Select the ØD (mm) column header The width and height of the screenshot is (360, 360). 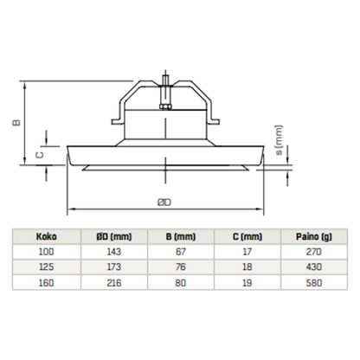click(x=116, y=235)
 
